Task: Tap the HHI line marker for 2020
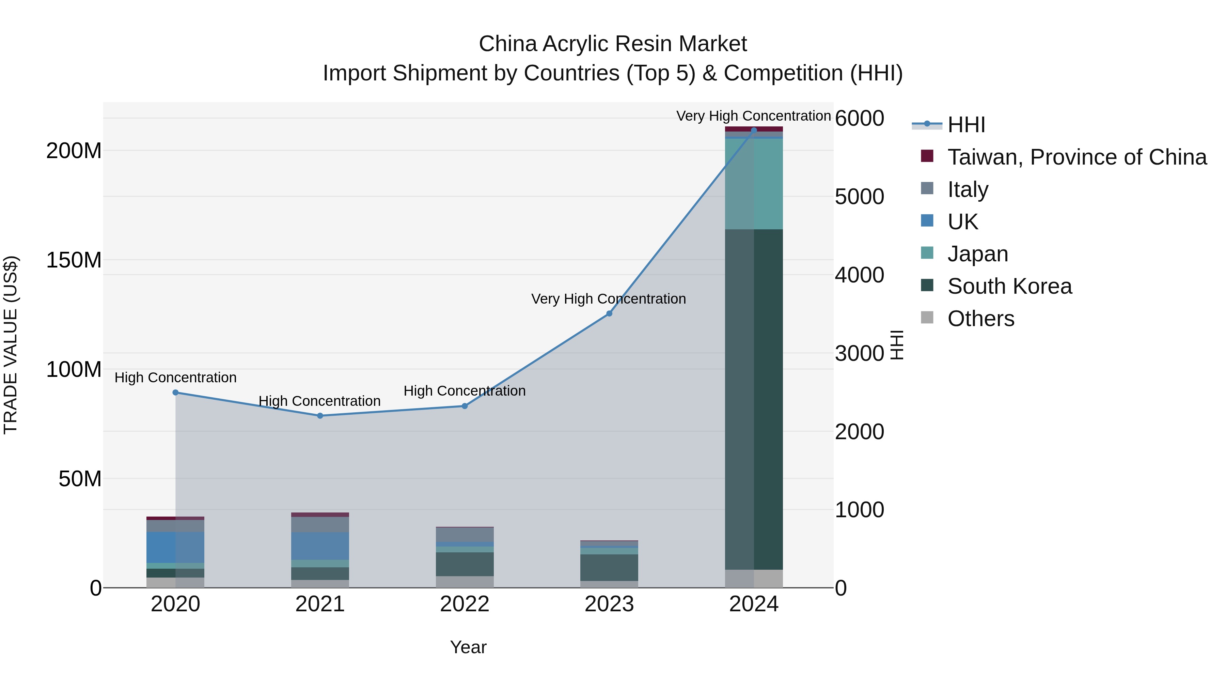click(x=176, y=393)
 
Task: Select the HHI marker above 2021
click(x=320, y=416)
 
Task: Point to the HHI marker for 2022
click(x=465, y=406)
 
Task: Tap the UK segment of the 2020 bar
click(x=176, y=547)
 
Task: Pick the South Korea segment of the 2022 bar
click(x=465, y=564)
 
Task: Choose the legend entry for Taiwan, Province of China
click(x=1076, y=157)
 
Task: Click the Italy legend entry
click(x=968, y=189)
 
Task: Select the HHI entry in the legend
click(x=966, y=125)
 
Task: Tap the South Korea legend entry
click(x=1009, y=286)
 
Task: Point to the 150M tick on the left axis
click(x=74, y=260)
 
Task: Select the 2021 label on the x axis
click(x=320, y=604)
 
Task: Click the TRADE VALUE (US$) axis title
click(x=11, y=345)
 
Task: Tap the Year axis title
click(x=468, y=647)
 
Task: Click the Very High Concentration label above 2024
click(x=753, y=116)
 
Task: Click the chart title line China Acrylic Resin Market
click(x=613, y=44)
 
